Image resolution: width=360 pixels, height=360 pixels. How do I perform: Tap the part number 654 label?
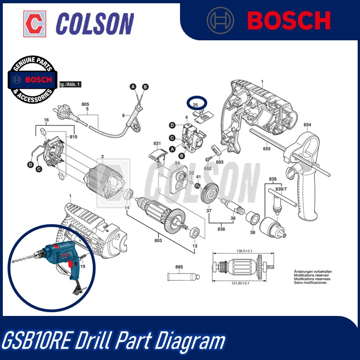pyautogui.click(x=307, y=125)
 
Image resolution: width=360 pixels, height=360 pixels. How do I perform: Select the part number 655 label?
pyautogui.click(x=267, y=149)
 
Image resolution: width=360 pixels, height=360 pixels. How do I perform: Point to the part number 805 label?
pyautogui.click(x=85, y=104)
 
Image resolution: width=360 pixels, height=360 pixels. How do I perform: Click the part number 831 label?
pyautogui.click(x=157, y=143)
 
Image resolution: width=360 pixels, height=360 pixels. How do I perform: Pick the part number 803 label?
pyautogui.click(x=158, y=240)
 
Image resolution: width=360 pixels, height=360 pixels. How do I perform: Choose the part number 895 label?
pyautogui.click(x=179, y=267)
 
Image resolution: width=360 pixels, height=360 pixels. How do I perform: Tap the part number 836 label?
pyautogui.click(x=221, y=229)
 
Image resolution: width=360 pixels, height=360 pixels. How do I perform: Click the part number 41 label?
pyautogui.click(x=198, y=177)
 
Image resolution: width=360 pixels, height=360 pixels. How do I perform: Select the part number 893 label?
pyautogui.click(x=220, y=162)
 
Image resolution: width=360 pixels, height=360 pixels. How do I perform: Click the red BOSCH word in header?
pyautogui.click(x=288, y=21)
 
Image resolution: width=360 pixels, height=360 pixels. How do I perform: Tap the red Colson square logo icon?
pyautogui.click(x=35, y=22)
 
